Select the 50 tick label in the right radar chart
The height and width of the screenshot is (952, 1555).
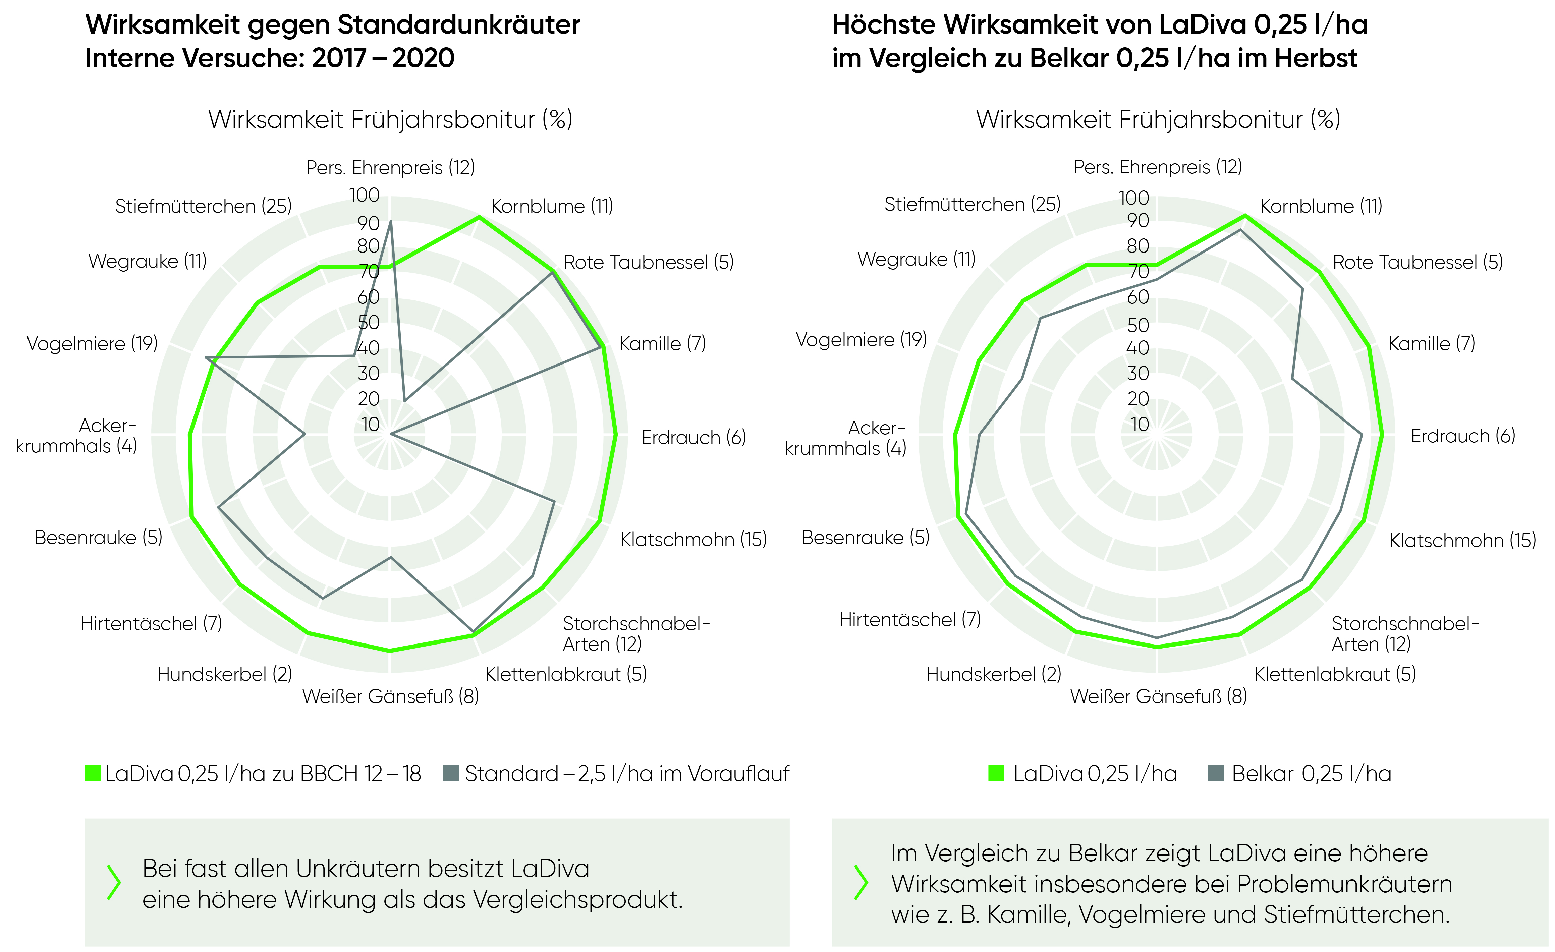(1138, 325)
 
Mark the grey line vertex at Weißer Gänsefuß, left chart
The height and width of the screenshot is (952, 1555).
(390, 558)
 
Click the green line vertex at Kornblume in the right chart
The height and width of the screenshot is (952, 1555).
(1244, 216)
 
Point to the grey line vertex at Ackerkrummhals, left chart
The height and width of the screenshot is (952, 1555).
(305, 434)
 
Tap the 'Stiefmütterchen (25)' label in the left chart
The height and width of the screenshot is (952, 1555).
(203, 206)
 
